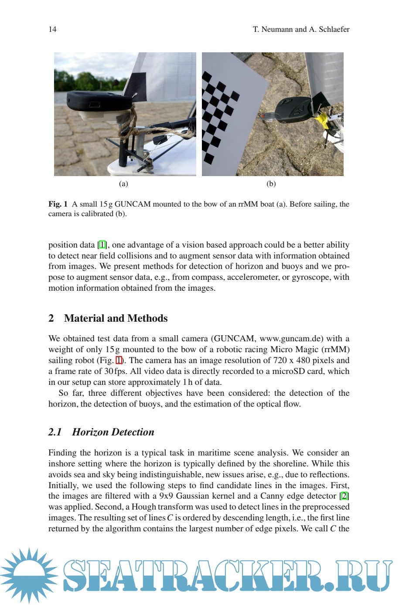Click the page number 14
[x=52, y=29]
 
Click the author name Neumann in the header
[x=277, y=29]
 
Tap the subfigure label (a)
[x=123, y=184]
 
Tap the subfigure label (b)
[x=271, y=184]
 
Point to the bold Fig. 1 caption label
[x=58, y=204]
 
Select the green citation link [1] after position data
[x=102, y=245]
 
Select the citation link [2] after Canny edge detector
[x=344, y=496]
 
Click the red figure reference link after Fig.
[x=119, y=360]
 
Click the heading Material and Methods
[x=116, y=318]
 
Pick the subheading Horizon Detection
[x=113, y=432]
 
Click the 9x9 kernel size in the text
[x=167, y=496]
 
